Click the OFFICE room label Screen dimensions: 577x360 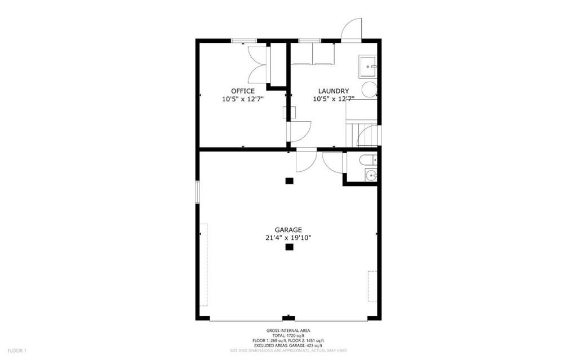click(242, 91)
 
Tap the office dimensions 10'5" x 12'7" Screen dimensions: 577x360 click(242, 99)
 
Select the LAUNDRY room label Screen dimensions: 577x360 click(334, 91)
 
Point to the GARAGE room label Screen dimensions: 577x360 click(288, 230)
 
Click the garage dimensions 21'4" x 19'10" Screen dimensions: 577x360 click(288, 238)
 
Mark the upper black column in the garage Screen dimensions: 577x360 click(289, 181)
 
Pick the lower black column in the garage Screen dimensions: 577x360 click(289, 247)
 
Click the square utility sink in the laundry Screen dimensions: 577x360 click(368, 66)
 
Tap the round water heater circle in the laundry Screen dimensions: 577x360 click(370, 90)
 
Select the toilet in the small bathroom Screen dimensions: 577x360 click(369, 160)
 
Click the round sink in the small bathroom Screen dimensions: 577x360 click(371, 176)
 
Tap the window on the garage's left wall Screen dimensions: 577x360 click(197, 192)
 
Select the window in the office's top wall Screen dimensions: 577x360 click(243, 41)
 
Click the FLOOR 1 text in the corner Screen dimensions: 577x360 click(17, 351)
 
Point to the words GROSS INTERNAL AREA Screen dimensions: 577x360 click(288, 331)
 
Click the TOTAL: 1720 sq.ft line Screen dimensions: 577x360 click(288, 336)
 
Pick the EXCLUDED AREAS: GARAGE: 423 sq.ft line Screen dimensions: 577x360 click(288, 346)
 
